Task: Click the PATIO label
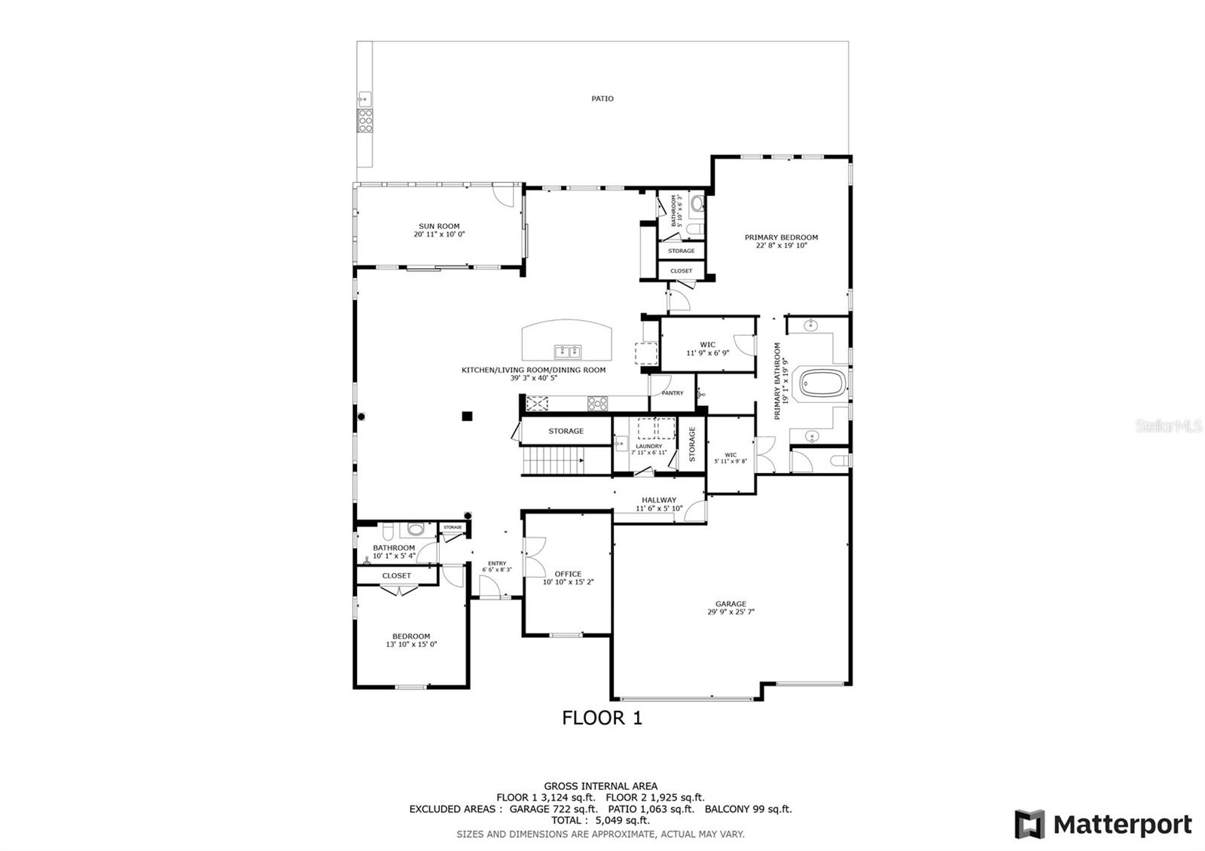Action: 602,99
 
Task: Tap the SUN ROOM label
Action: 439,226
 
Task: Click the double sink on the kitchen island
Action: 567,351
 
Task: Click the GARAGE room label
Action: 731,603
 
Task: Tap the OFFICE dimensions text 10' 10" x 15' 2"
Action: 569,582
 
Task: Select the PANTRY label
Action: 672,393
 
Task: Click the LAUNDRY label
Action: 648,446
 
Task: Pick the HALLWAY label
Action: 659,500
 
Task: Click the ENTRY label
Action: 496,563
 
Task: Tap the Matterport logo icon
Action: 1029,824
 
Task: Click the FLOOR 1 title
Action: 602,718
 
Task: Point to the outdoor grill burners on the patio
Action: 365,120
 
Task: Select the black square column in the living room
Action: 467,415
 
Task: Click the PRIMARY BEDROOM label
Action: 781,237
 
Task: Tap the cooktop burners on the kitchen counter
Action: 597,404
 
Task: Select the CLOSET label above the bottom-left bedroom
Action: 396,575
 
